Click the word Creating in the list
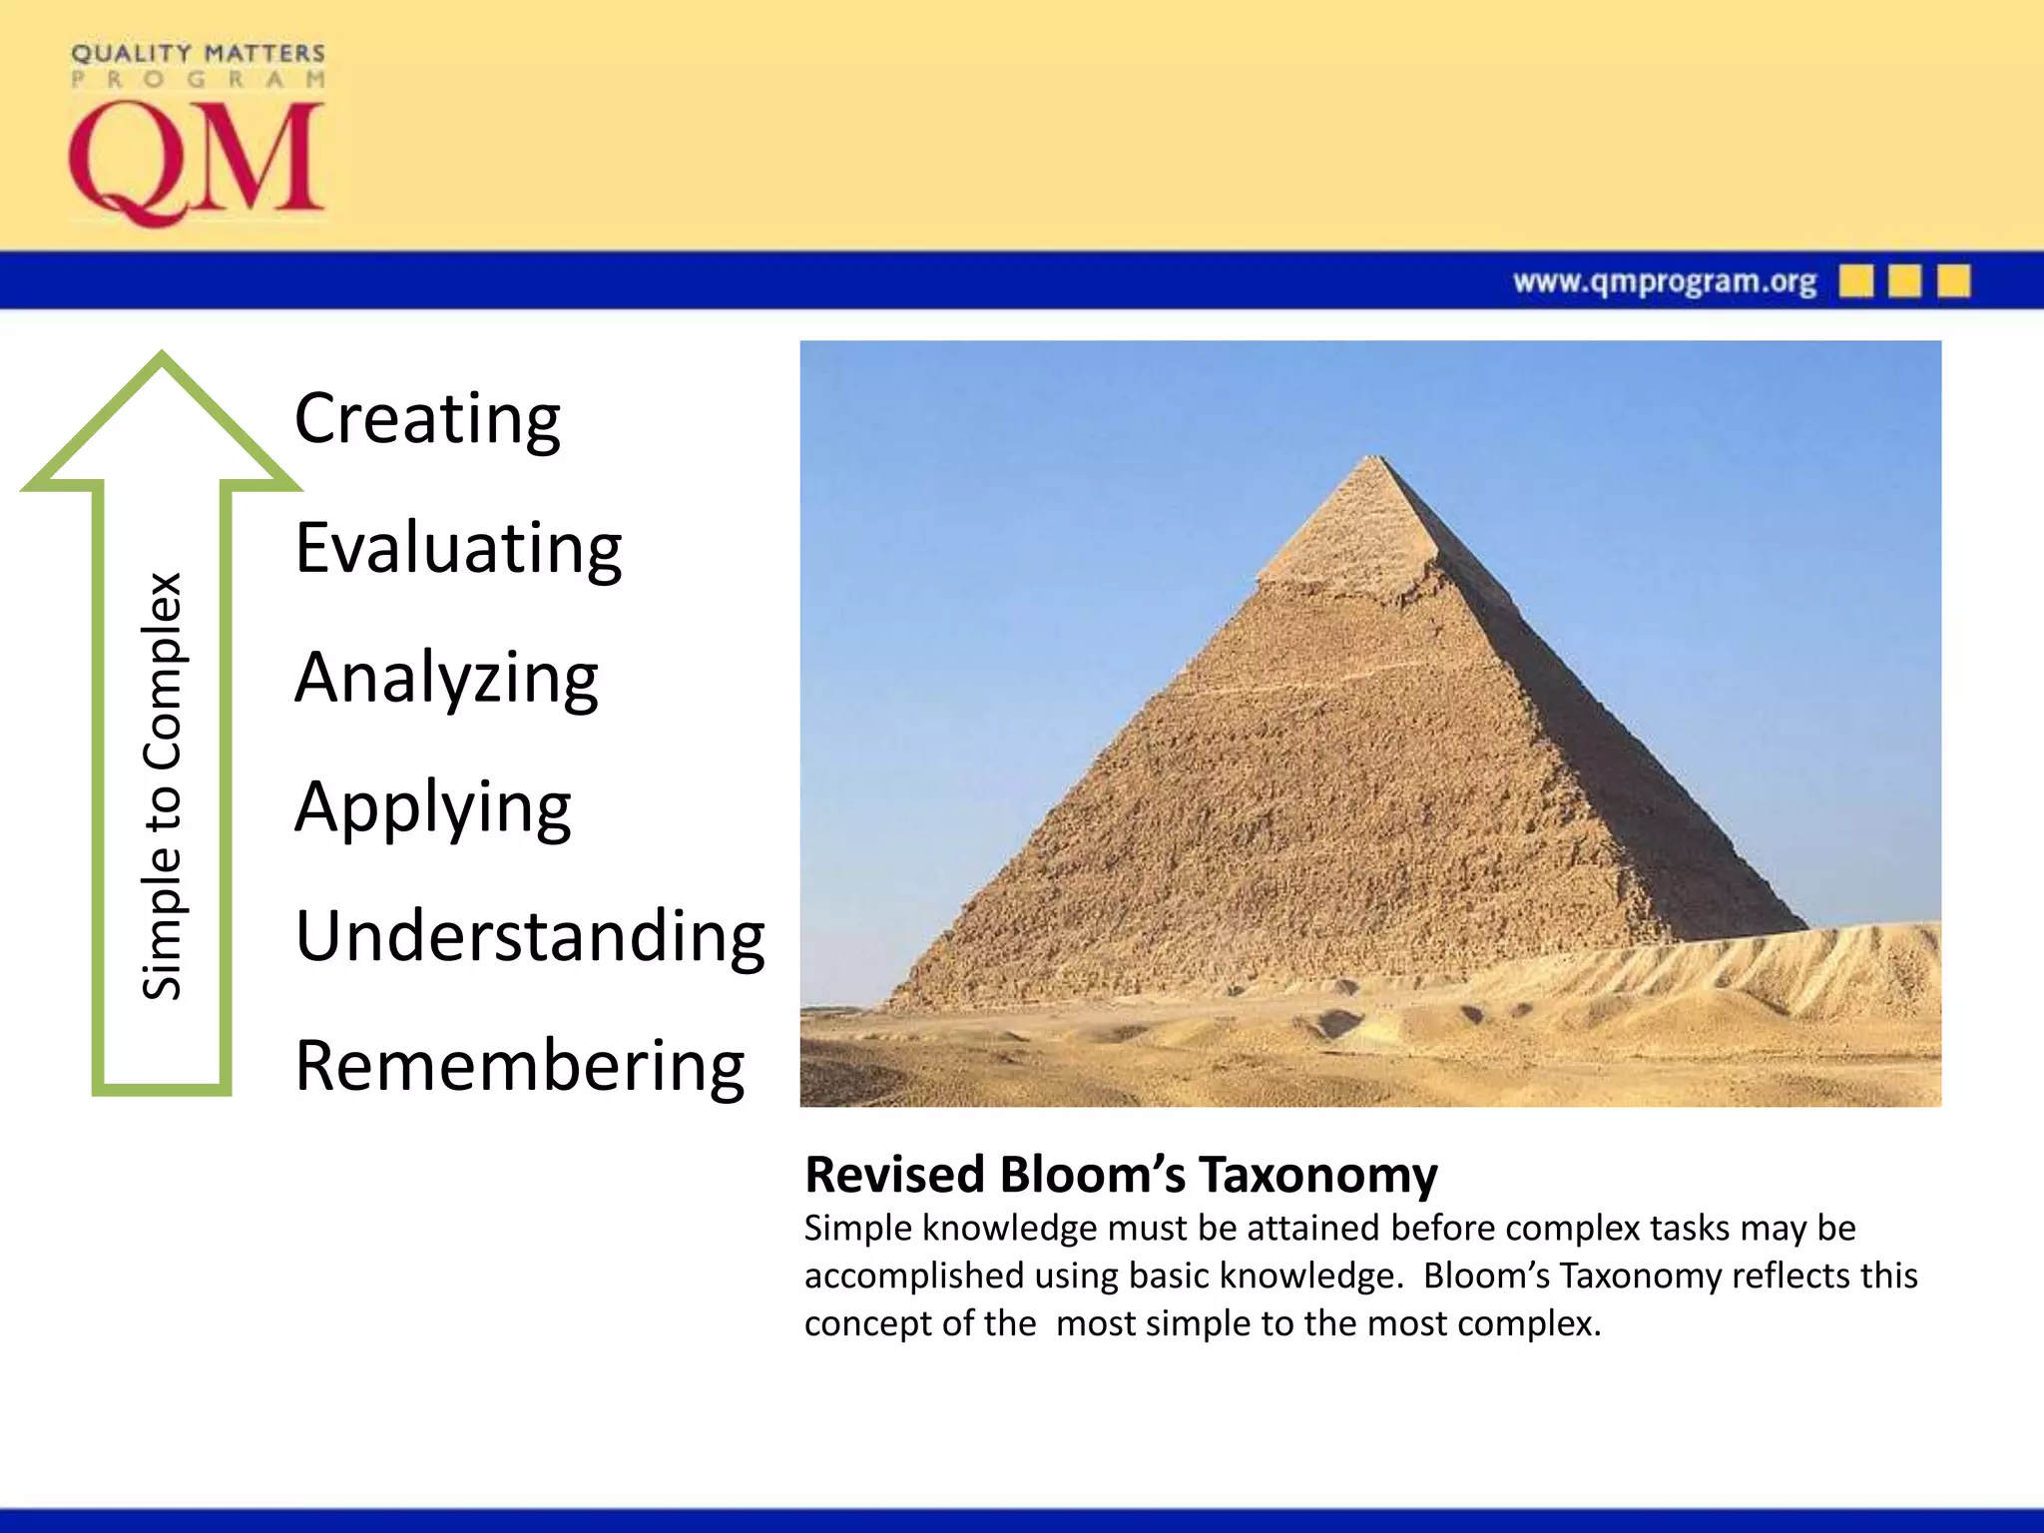427,419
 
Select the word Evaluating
458,549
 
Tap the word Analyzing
446,679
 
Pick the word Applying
432,808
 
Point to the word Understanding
530,937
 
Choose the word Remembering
519,1067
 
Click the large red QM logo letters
196,163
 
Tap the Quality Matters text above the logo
198,53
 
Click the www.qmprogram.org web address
1664,281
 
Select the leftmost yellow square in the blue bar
1855,280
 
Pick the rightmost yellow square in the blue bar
1953,280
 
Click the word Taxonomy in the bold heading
1317,1175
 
